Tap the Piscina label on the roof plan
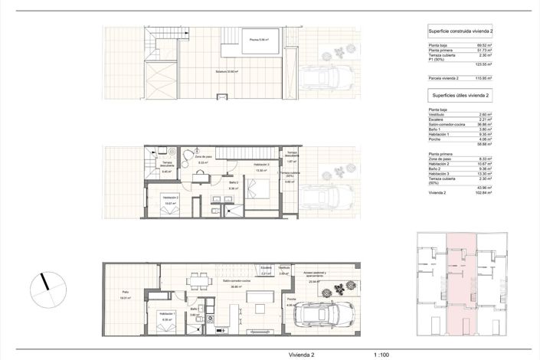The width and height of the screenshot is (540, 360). click(257, 40)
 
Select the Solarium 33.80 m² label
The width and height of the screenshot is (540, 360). click(227, 71)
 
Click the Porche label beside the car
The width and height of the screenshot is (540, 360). click(291, 299)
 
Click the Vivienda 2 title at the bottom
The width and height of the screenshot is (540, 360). click(302, 355)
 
